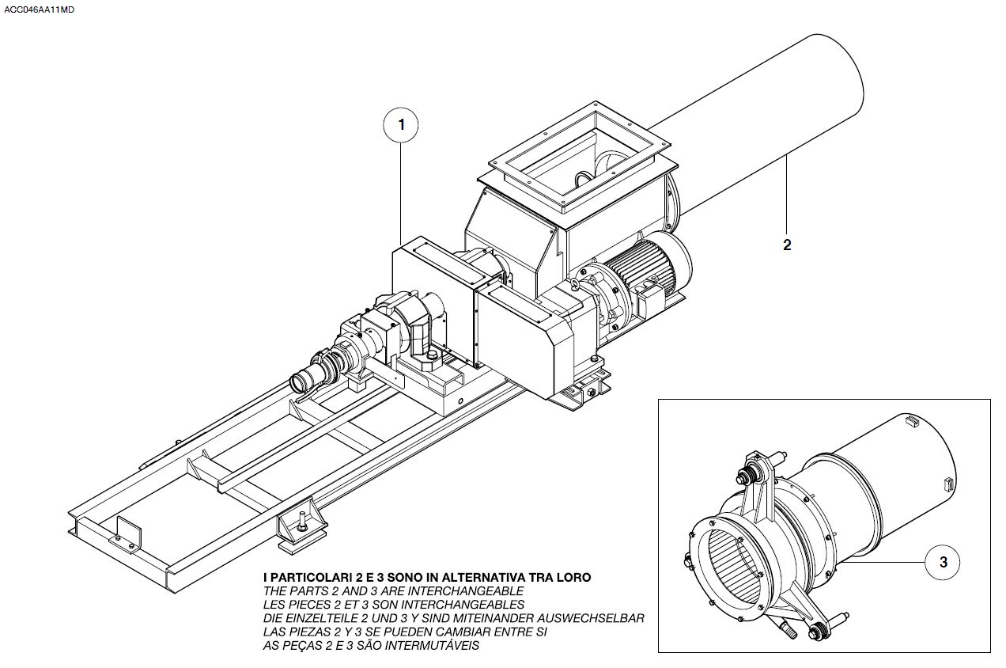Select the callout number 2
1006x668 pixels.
[x=787, y=245]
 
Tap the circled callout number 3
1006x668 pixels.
[x=944, y=562]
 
